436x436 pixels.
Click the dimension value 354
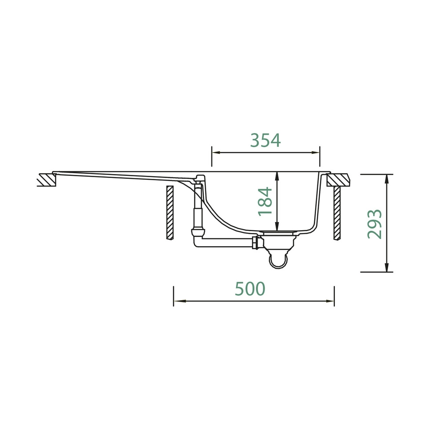point(265,140)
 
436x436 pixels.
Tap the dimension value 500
point(250,289)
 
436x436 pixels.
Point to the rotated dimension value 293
point(374,224)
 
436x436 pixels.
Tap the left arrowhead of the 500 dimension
point(178,301)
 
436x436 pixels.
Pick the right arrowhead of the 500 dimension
point(330,301)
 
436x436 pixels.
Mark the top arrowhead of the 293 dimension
point(386,179)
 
